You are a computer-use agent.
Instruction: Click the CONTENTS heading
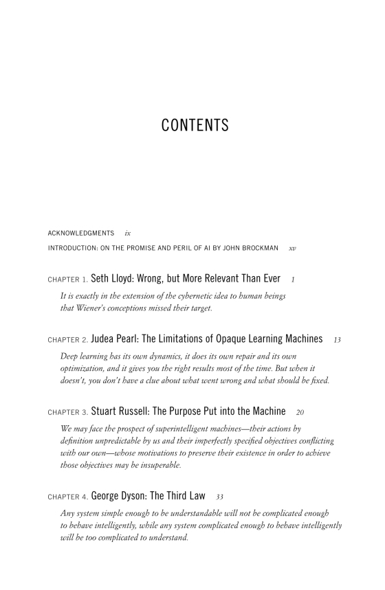(x=195, y=126)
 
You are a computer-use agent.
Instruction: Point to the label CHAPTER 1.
(x=68, y=280)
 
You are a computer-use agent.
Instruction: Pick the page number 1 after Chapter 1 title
(x=293, y=280)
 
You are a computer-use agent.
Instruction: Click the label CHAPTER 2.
(x=68, y=339)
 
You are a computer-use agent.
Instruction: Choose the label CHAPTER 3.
(x=68, y=412)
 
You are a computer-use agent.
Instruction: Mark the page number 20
(x=299, y=412)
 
